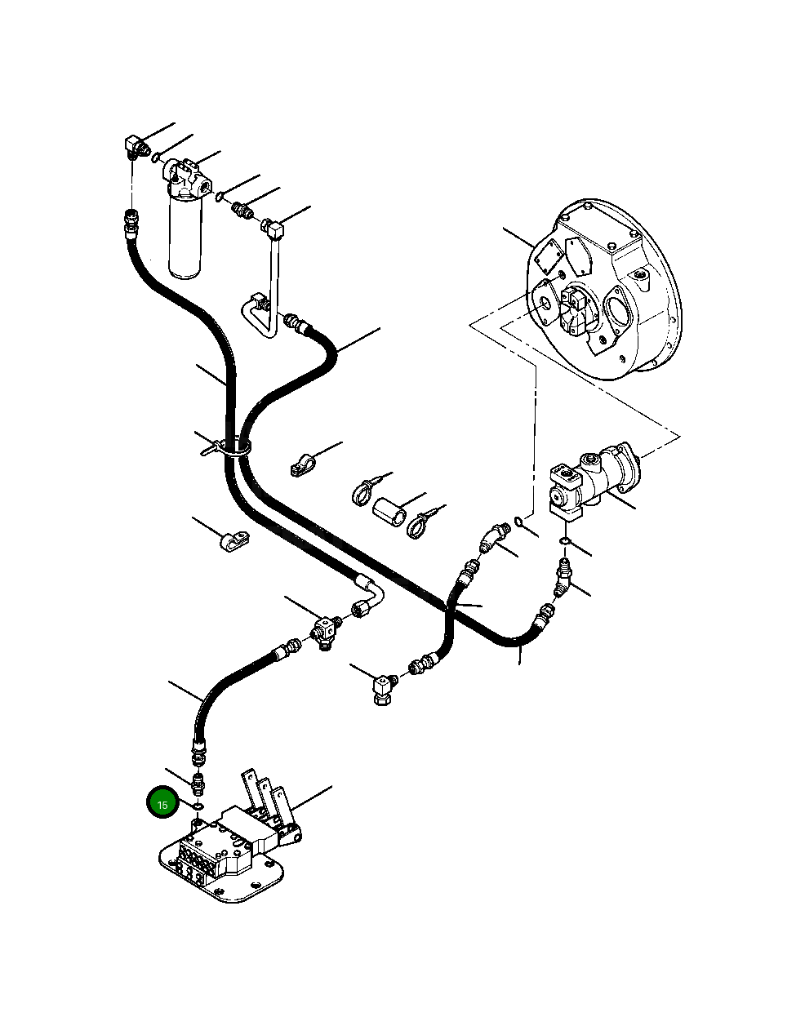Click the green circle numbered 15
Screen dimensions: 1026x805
click(x=162, y=804)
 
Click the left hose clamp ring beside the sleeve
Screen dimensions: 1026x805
click(x=362, y=492)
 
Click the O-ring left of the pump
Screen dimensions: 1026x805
click(x=520, y=522)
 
